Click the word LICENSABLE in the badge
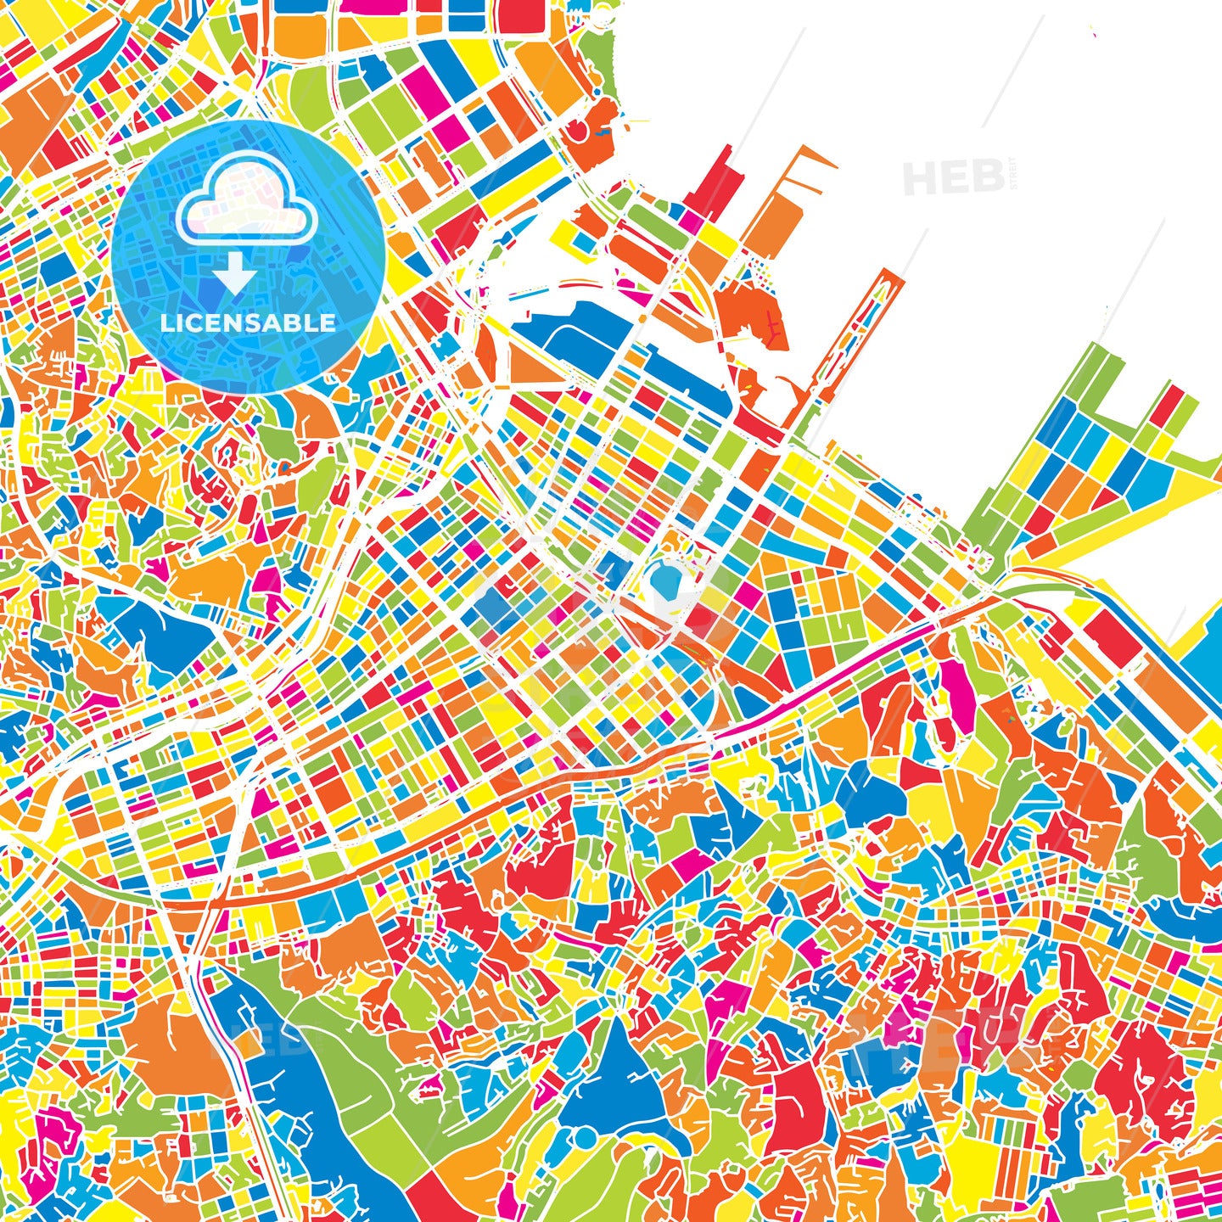coord(248,323)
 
